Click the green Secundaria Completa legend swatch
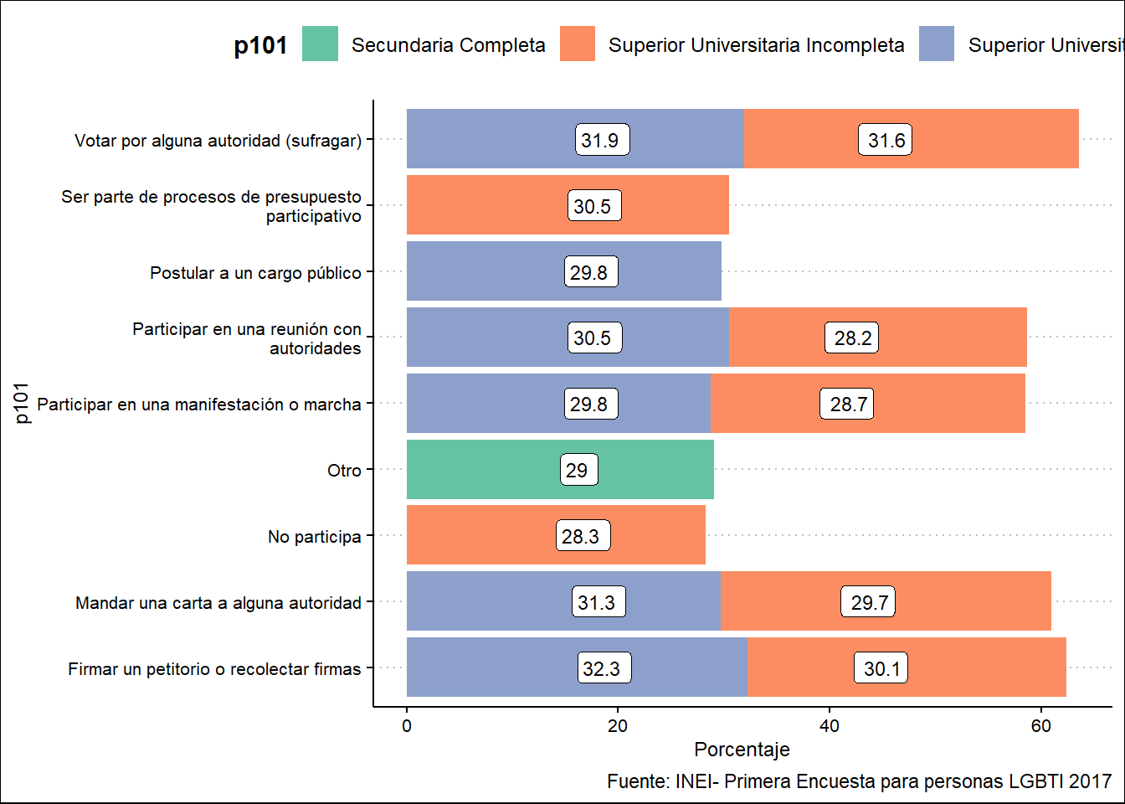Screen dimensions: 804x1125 (x=320, y=44)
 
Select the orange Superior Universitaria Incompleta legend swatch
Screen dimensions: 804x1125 (x=578, y=44)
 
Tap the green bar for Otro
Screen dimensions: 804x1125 (x=502, y=470)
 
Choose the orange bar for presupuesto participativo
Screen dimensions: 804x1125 (x=670, y=205)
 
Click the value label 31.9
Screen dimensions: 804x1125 (x=603, y=140)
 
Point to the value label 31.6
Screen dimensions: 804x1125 (x=886, y=140)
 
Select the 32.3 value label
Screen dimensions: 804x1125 (x=603, y=668)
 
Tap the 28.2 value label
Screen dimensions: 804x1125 (x=852, y=338)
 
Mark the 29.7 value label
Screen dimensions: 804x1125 (x=869, y=602)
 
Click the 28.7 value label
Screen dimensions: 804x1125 (x=847, y=404)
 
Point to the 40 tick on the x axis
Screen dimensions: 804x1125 (x=829, y=726)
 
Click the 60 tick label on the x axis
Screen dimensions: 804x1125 (x=1040, y=726)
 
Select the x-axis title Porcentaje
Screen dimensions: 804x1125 (x=742, y=750)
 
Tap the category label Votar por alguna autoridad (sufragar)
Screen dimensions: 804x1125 (x=218, y=141)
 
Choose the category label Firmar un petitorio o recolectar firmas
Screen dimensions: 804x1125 (x=214, y=669)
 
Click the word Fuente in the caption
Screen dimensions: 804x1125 (x=637, y=781)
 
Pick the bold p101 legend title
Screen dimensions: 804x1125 (x=260, y=45)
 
